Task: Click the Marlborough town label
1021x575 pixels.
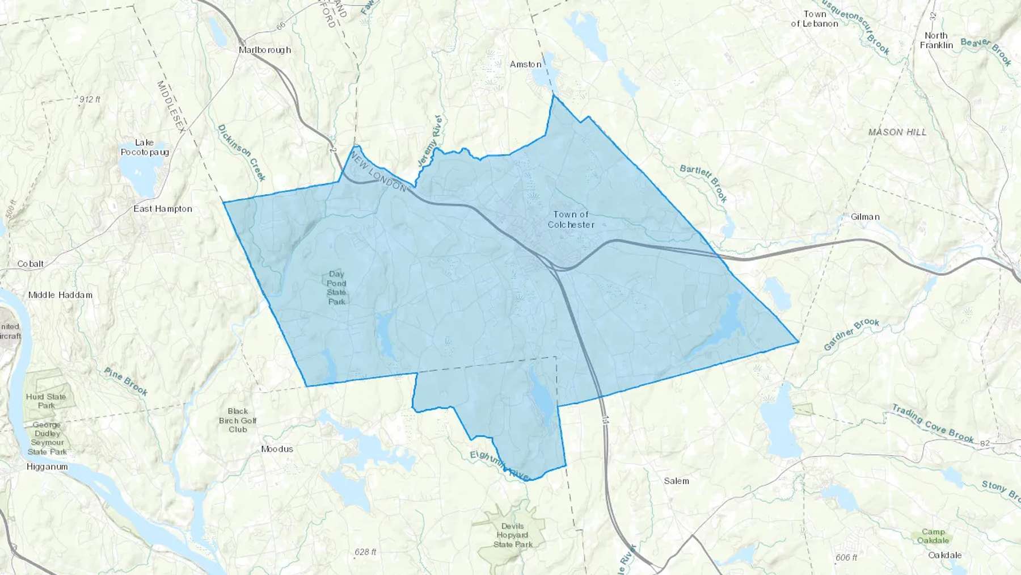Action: [265, 50]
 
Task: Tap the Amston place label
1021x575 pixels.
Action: [525, 64]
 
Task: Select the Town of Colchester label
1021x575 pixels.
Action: [571, 219]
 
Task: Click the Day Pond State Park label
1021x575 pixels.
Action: [336, 287]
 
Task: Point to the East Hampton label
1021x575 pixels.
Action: [163, 209]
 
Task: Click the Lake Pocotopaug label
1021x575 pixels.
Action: [145, 148]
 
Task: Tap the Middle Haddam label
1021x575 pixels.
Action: [60, 295]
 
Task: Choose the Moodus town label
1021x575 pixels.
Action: [277, 449]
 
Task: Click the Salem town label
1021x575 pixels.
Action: [677, 481]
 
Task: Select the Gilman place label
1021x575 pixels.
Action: [865, 217]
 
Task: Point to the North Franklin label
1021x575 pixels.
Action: [936, 40]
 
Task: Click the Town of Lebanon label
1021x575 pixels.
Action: [815, 19]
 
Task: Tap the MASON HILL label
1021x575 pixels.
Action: [897, 132]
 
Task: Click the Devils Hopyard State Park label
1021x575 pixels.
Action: [513, 535]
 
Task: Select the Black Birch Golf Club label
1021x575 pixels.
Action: [238, 420]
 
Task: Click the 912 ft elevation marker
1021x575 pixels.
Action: [89, 99]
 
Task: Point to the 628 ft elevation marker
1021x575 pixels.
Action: [365, 552]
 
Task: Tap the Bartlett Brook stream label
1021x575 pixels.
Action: [704, 183]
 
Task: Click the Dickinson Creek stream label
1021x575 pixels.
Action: [242, 153]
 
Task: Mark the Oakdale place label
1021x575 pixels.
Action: [944, 555]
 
